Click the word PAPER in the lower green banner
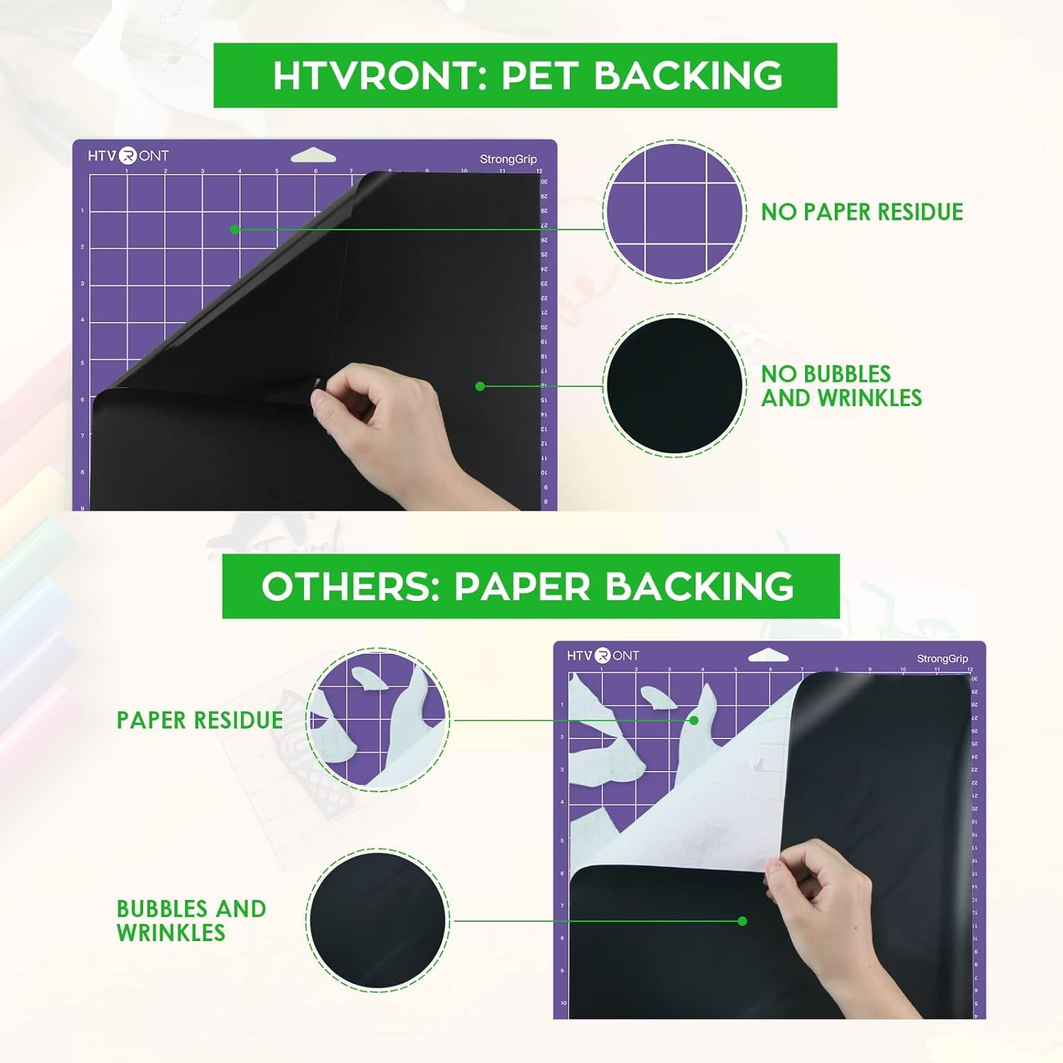point(522,587)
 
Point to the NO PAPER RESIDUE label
point(862,212)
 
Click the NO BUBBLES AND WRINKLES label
point(841,386)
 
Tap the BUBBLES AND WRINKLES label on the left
point(191,921)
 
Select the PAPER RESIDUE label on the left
point(200,720)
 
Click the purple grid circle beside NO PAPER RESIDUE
point(674,211)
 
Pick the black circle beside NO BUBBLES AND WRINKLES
point(674,386)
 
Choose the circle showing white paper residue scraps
point(378,719)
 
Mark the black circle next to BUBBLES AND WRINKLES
point(379,919)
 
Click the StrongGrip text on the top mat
point(508,159)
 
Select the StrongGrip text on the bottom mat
point(942,659)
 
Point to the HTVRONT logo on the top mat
point(128,155)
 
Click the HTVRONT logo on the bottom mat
point(603,656)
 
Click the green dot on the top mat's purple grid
point(235,229)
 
